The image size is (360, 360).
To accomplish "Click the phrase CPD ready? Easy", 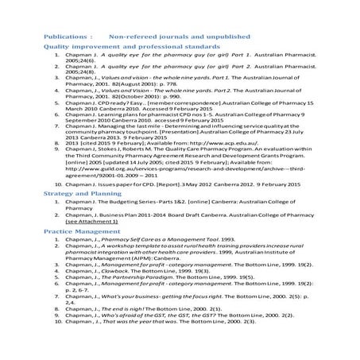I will [x=118, y=103].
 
